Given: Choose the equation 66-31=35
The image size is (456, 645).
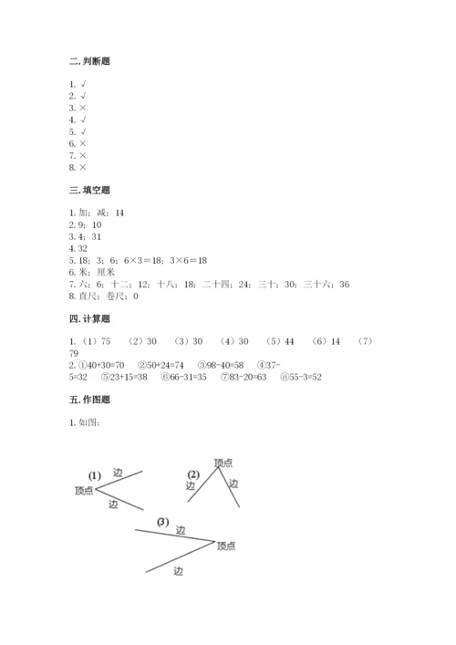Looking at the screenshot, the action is coord(177,378).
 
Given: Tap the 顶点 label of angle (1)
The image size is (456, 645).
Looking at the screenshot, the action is coord(83,491).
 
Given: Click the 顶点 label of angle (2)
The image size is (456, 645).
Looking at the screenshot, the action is coord(223,463).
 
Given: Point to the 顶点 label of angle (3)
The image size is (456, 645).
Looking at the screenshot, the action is coord(226,546).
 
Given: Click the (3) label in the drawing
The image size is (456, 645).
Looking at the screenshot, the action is coord(162,522).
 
